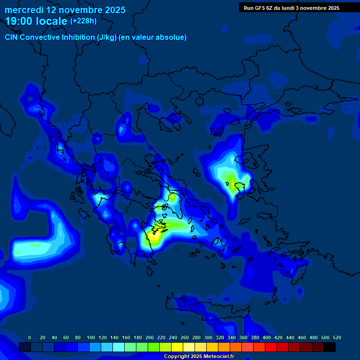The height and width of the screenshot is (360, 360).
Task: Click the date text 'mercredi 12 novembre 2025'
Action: click(x=65, y=10)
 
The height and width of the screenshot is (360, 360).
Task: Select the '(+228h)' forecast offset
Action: click(x=83, y=21)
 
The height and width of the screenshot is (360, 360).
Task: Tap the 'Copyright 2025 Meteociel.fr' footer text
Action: click(x=199, y=357)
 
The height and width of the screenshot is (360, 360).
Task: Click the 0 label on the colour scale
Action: click(x=30, y=337)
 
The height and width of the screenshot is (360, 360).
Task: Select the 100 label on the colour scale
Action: click(x=91, y=337)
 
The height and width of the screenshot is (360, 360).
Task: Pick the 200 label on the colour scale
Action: click(x=150, y=337)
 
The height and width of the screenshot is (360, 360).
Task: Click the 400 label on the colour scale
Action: click(x=267, y=337)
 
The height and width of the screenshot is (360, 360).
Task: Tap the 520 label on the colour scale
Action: click(x=337, y=337)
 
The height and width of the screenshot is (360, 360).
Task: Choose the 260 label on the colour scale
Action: click(x=185, y=337)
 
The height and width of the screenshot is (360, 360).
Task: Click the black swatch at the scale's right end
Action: click(x=330, y=347)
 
